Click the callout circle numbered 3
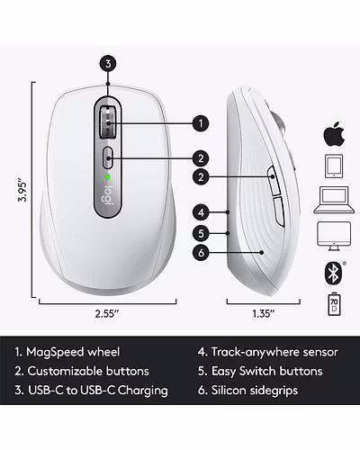tap(108, 64)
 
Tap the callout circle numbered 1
tap(201, 123)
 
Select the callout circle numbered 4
tap(201, 212)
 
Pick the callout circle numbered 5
tap(201, 233)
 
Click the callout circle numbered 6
tap(201, 253)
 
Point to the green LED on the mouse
tap(108, 177)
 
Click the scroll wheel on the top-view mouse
tap(107, 122)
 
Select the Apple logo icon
tap(334, 134)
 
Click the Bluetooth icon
tap(334, 273)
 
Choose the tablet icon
tap(334, 166)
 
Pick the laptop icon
tap(334, 200)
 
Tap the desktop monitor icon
tap(334, 236)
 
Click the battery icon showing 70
tap(334, 304)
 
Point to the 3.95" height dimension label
tap(22, 191)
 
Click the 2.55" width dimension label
tap(107, 314)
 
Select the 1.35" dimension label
tap(264, 314)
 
